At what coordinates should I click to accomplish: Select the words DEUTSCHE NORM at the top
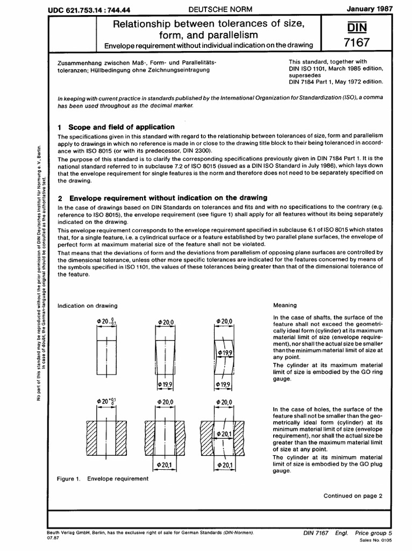pos(208,10)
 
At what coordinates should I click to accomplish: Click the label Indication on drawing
pos(87,306)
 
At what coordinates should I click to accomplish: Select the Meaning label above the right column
pos(285,305)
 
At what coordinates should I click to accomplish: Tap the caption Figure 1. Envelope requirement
pos(103,478)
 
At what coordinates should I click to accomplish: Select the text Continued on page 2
pos(352,496)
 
